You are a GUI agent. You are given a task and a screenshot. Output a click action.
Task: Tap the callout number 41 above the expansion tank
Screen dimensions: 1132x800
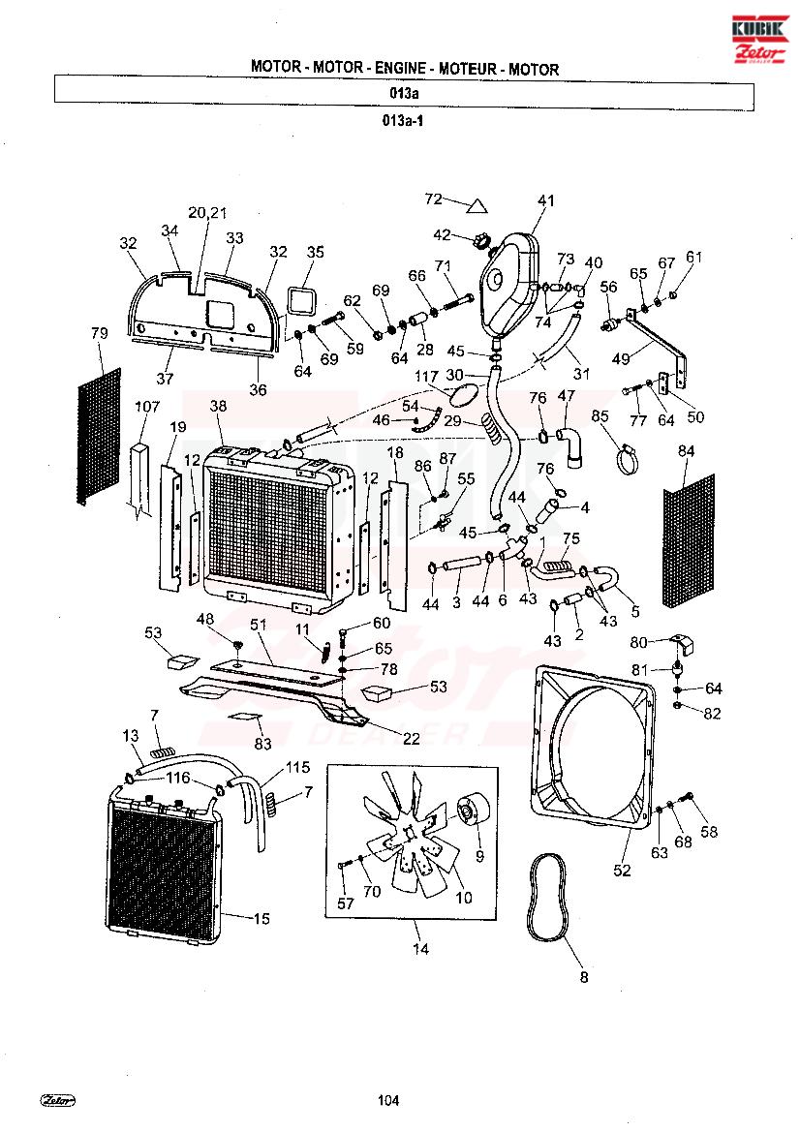pyautogui.click(x=546, y=200)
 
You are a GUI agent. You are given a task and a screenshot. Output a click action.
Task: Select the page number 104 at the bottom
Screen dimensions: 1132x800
pyautogui.click(x=388, y=1099)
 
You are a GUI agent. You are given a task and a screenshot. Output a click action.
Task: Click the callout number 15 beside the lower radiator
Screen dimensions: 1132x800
pyautogui.click(x=262, y=918)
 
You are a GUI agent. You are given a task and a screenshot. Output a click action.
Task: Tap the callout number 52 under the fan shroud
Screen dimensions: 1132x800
pyautogui.click(x=622, y=871)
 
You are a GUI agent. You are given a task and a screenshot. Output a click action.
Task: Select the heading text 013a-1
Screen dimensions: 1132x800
pyautogui.click(x=404, y=122)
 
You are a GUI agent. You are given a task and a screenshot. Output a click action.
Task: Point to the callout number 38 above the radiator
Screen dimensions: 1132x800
pyautogui.click(x=218, y=408)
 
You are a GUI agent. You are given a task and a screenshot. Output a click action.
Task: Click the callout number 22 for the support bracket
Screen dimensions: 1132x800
pyautogui.click(x=412, y=738)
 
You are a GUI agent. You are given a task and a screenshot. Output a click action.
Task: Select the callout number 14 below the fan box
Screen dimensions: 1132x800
pyautogui.click(x=420, y=949)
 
